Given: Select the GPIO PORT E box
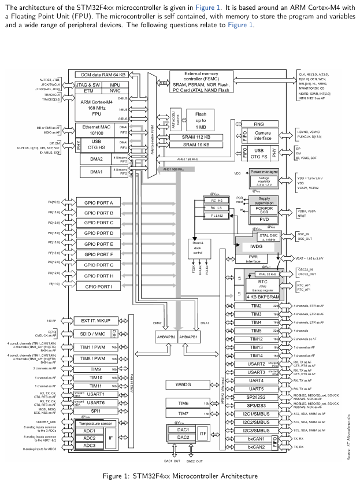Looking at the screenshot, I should click(103, 244).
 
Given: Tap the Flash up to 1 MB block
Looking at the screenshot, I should click(201, 120).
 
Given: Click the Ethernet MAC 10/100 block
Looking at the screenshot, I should click(95, 129).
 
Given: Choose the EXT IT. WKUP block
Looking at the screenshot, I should click(95, 320).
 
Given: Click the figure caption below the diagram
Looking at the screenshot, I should click(180, 476).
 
